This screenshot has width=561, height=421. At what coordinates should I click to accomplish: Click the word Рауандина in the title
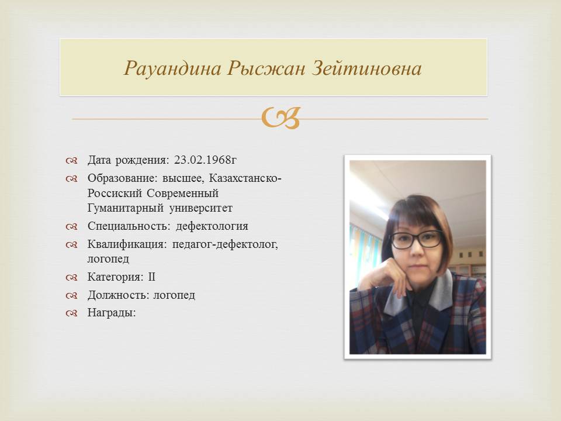click(x=173, y=68)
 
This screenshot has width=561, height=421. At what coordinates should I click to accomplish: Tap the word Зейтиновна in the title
click(x=367, y=68)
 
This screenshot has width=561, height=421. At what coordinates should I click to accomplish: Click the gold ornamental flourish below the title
click(x=280, y=118)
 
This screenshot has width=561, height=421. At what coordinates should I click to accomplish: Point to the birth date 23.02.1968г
click(x=205, y=160)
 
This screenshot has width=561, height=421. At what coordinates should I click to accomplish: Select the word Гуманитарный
click(x=125, y=208)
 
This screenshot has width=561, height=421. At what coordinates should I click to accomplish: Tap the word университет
click(x=200, y=208)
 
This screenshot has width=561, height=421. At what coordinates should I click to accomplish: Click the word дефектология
click(x=212, y=227)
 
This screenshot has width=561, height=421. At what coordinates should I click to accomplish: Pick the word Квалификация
click(x=127, y=244)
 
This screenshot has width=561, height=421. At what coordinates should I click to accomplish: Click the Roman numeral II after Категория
click(x=152, y=277)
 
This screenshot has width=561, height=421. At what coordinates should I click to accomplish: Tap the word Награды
click(x=112, y=313)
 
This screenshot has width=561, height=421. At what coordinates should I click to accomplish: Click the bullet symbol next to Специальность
click(x=71, y=227)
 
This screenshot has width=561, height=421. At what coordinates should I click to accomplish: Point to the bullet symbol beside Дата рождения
click(x=71, y=160)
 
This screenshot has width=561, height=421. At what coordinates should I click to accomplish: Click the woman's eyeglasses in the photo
click(x=417, y=240)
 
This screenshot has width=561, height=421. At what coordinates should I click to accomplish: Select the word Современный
click(x=182, y=194)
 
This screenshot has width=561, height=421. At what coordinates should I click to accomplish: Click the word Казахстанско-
click(x=245, y=178)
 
